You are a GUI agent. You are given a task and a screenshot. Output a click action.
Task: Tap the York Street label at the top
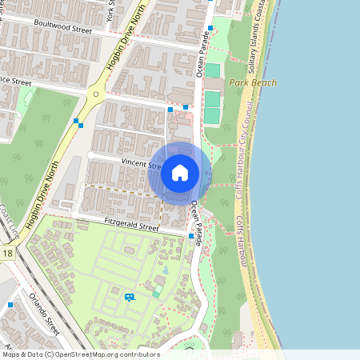tap(112, 10)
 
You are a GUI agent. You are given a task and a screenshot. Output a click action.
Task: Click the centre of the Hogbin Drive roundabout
tap(96, 94)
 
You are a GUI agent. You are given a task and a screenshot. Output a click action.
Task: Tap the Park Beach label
tap(252, 82)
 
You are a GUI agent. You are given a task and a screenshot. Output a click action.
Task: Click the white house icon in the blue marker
tap(180, 172)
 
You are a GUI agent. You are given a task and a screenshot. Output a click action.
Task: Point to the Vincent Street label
tap(141, 162)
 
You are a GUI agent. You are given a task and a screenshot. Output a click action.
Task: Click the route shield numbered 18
tap(8, 254)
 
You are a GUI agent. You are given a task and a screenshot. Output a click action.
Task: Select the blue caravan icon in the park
tap(130, 297)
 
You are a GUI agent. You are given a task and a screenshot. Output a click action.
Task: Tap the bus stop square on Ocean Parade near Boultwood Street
tap(210, 28)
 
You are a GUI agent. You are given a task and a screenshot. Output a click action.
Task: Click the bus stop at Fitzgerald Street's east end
tap(190, 236)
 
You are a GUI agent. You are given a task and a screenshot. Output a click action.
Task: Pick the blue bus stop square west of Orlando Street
tap(10, 305)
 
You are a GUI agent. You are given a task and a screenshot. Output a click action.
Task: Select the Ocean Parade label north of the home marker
tap(201, 60)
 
